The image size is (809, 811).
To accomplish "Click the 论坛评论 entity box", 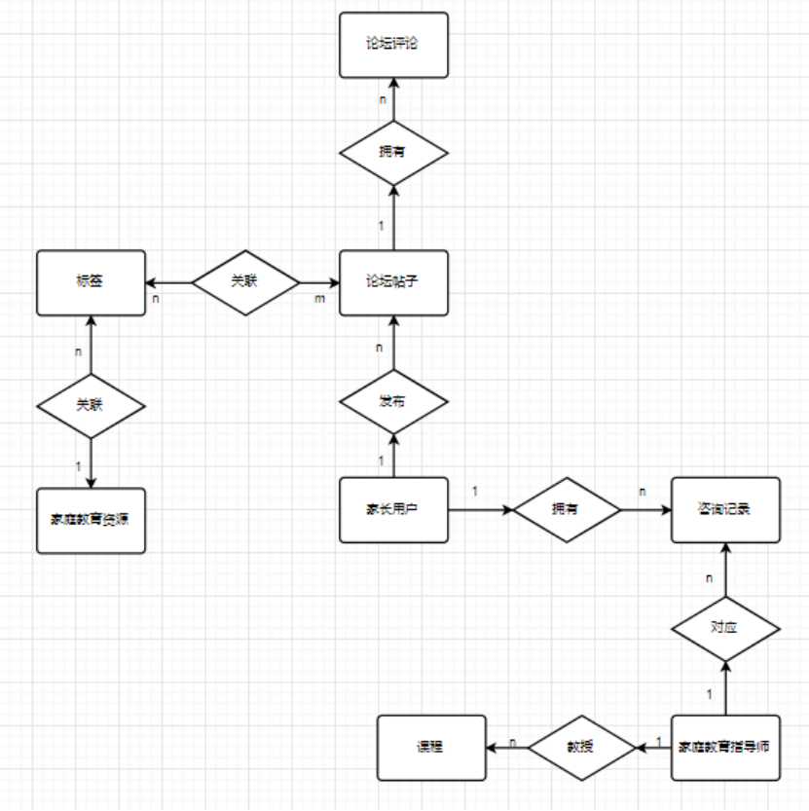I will pyautogui.click(x=393, y=45).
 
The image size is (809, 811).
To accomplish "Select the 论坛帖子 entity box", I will pyautogui.click(x=393, y=282).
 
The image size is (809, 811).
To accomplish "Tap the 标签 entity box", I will pyautogui.click(x=91, y=282).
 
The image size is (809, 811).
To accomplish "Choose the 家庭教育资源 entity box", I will pyautogui.click(x=91, y=520).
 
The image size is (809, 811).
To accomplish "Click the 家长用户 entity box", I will pyautogui.click(x=393, y=509).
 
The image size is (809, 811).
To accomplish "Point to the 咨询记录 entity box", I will pyautogui.click(x=725, y=509).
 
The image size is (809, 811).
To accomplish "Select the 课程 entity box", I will pyautogui.click(x=431, y=748).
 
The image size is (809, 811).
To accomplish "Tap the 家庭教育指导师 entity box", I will pyautogui.click(x=726, y=748).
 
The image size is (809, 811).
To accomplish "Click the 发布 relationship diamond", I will pyautogui.click(x=393, y=401).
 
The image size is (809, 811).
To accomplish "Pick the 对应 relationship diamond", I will pyautogui.click(x=725, y=628).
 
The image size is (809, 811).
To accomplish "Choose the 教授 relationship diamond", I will pyautogui.click(x=581, y=748).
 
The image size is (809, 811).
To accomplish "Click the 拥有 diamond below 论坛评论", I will pyautogui.click(x=393, y=153).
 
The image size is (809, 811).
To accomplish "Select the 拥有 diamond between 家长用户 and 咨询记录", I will pyautogui.click(x=568, y=509).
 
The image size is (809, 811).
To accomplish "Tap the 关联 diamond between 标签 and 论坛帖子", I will pyautogui.click(x=245, y=282).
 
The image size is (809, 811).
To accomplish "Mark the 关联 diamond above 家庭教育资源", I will pyautogui.click(x=91, y=402).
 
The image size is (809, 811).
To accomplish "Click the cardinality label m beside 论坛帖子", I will pyautogui.click(x=319, y=298).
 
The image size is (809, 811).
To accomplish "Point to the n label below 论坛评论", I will pyautogui.click(x=382, y=100).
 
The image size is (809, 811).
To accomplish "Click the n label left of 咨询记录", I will pyautogui.click(x=643, y=492).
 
